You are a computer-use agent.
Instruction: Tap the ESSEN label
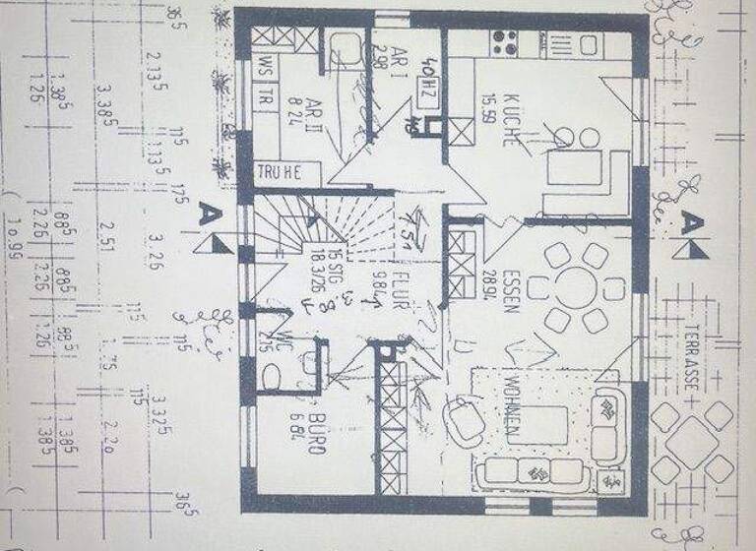pyautogui.click(x=509, y=290)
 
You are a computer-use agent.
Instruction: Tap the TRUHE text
pyautogui.click(x=277, y=171)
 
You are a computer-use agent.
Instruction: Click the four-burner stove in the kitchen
pyautogui.click(x=505, y=42)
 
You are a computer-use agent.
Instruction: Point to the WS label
pyautogui.click(x=264, y=66)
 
